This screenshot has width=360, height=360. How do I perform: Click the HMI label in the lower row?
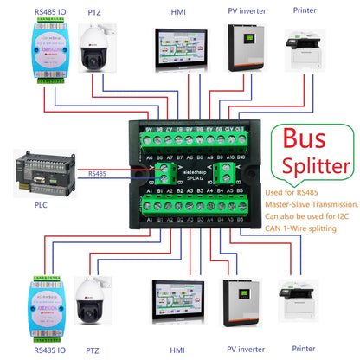(177, 349)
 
